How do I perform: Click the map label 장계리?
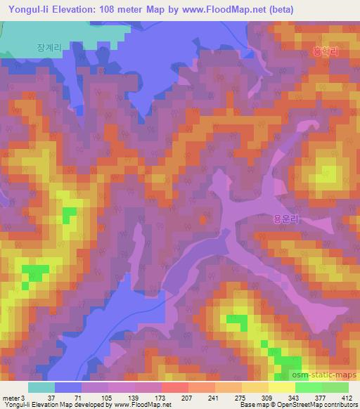[50, 47]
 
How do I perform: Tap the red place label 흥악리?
[325, 51]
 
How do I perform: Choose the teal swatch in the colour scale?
[41, 387]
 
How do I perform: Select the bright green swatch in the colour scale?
[309, 387]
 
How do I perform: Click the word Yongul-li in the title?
[27, 10]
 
